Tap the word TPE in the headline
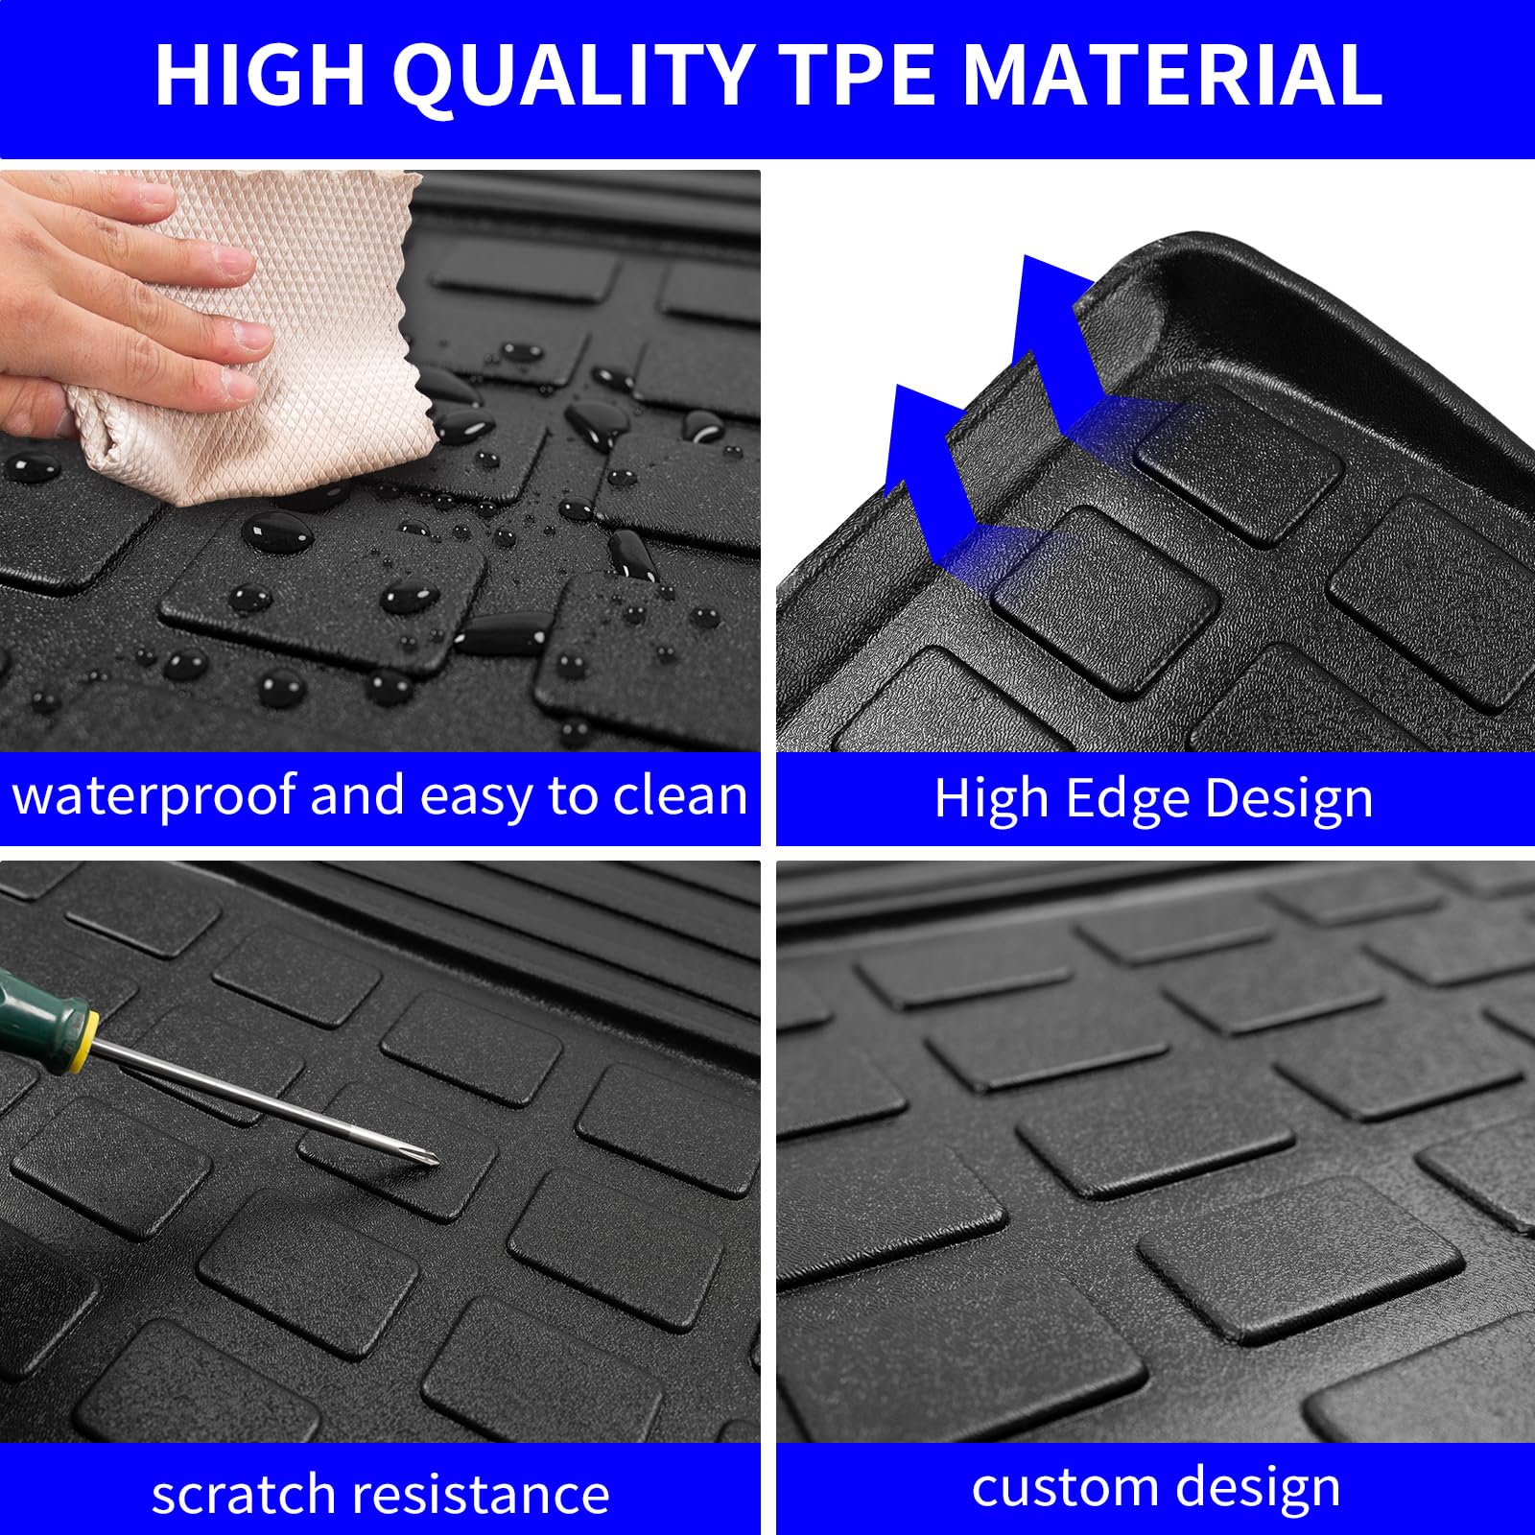click(857, 75)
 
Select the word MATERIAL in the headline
click(1171, 75)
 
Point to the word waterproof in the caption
click(154, 796)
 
